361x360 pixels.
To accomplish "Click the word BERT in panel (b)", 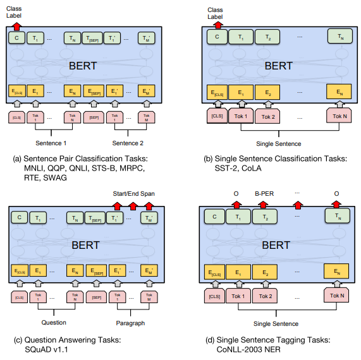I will click(x=278, y=66).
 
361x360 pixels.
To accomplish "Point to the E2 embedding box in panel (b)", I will click(x=267, y=93).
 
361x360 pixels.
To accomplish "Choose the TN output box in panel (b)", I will click(x=340, y=38).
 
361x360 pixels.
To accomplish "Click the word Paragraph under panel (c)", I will click(x=130, y=323).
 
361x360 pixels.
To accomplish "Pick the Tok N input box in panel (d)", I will click(x=340, y=296).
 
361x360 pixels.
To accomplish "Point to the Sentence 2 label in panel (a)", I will click(x=128, y=143).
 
